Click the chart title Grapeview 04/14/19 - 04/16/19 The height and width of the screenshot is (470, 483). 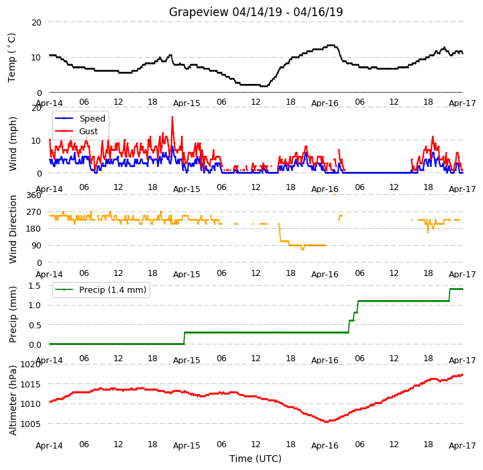pos(256,12)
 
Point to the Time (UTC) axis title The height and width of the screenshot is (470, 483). pos(256,459)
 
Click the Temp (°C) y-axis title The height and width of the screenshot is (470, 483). pos(11,58)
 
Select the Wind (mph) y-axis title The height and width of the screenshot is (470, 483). pos(13,144)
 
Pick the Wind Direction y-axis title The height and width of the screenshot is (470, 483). pos(13,229)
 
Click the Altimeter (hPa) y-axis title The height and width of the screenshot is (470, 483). pos(13,400)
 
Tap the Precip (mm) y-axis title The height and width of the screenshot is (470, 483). pos(13,314)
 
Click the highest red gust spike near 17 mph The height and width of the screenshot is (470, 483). pos(172,117)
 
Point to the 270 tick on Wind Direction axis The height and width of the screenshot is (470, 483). pos(34,212)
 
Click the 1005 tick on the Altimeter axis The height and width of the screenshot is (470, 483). pos(30,424)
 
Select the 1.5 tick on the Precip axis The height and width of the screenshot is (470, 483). pos(34,286)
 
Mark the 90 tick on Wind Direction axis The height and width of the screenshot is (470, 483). pos(37,246)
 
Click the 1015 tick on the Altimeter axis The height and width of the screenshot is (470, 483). pos(30,385)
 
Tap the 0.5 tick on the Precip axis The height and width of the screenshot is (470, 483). pos(34,325)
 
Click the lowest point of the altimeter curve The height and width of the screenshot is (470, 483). pos(327,422)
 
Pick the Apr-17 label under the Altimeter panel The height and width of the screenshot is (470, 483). pos(462,446)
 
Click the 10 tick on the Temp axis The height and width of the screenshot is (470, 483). pos(36,58)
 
